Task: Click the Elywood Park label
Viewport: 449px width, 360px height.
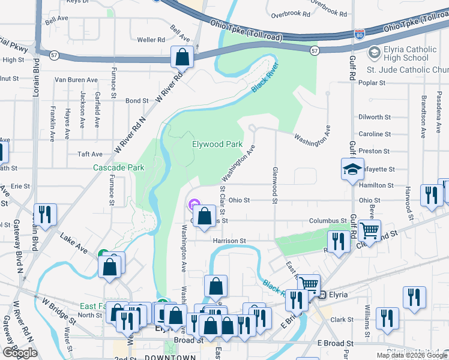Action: click(217, 145)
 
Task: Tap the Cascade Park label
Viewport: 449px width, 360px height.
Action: click(118, 168)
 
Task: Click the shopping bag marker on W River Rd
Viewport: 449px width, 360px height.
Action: click(182, 58)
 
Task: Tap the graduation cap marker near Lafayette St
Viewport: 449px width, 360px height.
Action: click(352, 169)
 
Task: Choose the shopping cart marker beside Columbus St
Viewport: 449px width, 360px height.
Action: click(369, 229)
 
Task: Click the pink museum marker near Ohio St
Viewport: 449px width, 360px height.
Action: click(194, 205)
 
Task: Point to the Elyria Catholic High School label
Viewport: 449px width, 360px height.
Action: click(399, 54)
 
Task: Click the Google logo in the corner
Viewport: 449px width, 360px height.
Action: click(20, 353)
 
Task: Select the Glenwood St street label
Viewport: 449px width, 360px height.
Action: click(275, 185)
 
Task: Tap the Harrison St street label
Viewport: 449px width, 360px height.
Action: click(229, 241)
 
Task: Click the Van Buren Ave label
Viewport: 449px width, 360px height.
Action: click(76, 79)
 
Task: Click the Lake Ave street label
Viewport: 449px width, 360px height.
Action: click(74, 241)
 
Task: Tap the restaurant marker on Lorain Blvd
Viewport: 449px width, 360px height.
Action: click(45, 214)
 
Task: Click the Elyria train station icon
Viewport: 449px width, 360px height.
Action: click(322, 295)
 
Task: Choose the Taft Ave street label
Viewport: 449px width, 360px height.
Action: click(91, 154)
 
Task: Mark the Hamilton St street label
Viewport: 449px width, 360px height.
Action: click(376, 186)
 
